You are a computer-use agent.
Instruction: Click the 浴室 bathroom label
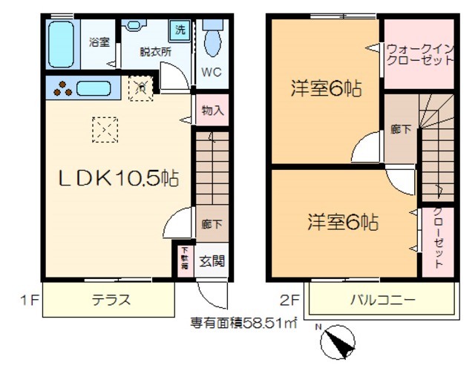(x=99, y=42)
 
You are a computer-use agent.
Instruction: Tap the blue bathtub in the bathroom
(x=61, y=45)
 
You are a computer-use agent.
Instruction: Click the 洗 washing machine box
(x=180, y=30)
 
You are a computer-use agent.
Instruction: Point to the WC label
(x=212, y=74)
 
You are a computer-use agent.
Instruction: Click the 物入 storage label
(x=212, y=111)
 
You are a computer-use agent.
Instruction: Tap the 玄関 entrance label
(x=212, y=261)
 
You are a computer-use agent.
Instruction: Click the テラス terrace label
(x=111, y=301)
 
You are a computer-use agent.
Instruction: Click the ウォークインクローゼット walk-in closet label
(x=419, y=55)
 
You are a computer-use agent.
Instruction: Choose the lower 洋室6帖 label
(x=344, y=221)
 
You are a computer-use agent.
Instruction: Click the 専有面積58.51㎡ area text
(x=244, y=323)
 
